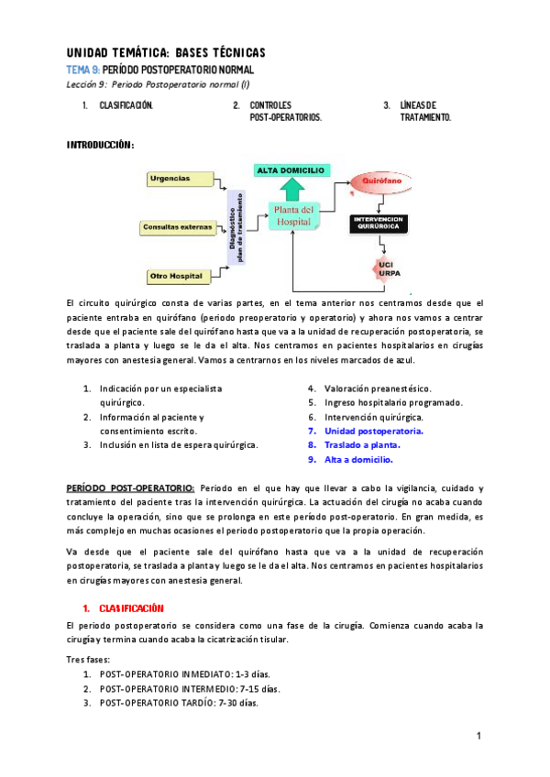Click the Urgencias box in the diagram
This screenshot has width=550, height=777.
coord(180,179)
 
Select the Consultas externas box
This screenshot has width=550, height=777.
coord(178,226)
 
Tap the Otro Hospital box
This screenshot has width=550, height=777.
coord(180,275)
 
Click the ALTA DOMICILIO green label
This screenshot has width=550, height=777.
coord(292,170)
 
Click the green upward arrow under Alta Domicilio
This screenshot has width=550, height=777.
coord(292,189)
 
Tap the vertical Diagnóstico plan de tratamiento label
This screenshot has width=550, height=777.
coord(237,225)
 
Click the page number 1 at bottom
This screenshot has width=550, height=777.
coord(478,737)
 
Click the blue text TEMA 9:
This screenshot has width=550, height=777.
coord(82,70)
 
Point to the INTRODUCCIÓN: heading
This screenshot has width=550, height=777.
coord(101,145)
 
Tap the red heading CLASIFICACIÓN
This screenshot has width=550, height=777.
coord(131,608)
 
